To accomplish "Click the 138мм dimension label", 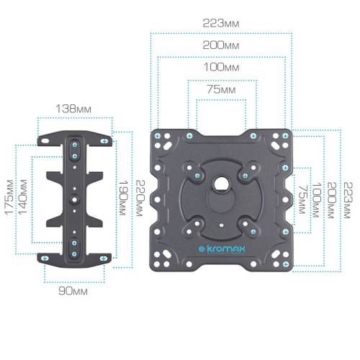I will [74, 108].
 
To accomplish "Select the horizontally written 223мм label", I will [220, 23].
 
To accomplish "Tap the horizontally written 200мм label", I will [220, 45].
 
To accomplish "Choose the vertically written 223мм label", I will [348, 197].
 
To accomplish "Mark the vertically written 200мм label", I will [332, 197].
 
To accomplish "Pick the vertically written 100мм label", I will [317, 197].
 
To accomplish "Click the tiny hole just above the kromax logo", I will [220, 230].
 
